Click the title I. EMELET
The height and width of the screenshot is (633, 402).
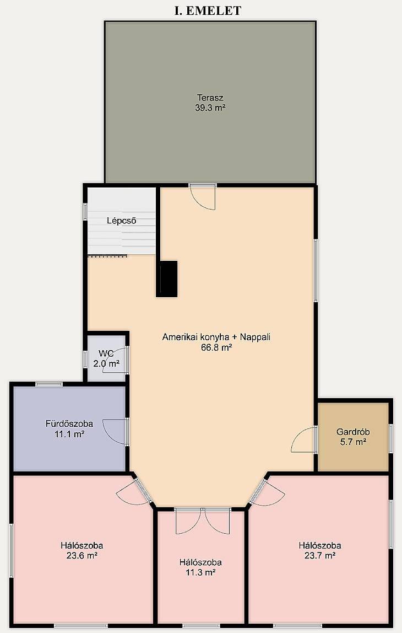208,10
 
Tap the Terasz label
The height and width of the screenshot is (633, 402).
210,97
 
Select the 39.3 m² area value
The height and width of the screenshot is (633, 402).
210,108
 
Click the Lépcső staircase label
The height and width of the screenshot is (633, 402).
121,221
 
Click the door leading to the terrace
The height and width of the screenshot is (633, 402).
203,197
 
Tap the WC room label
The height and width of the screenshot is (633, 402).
106,354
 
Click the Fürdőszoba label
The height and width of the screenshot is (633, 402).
69,424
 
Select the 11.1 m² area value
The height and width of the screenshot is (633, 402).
69,434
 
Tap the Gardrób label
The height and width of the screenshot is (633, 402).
353,432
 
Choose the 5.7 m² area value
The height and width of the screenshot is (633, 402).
353,442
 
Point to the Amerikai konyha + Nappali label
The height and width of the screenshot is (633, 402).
216,337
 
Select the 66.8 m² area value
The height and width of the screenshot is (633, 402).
216,347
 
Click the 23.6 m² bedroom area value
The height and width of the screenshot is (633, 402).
82,556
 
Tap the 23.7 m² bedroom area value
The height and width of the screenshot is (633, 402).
320,556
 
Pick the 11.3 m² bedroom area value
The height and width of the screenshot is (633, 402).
200,572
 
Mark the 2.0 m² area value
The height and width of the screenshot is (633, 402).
106,364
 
